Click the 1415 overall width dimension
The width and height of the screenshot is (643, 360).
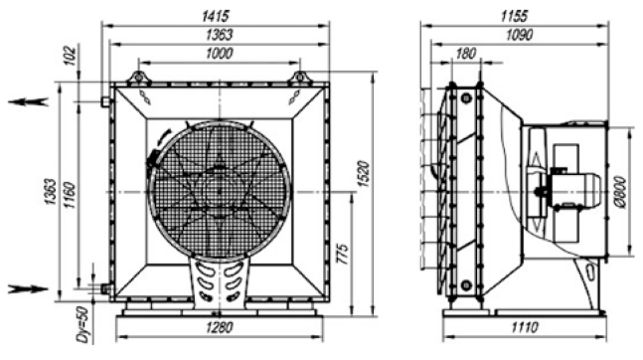[215, 17]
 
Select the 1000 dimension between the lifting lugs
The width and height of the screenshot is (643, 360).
[219, 54]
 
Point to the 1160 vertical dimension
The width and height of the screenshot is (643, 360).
[71, 195]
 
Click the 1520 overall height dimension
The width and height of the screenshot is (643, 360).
[364, 174]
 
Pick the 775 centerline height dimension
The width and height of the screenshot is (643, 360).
[343, 255]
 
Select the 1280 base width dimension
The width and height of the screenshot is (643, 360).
[220, 327]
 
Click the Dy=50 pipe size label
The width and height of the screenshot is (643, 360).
[82, 324]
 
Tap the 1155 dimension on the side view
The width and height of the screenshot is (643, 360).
[514, 17]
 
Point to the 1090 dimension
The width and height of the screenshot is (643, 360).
[519, 35]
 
